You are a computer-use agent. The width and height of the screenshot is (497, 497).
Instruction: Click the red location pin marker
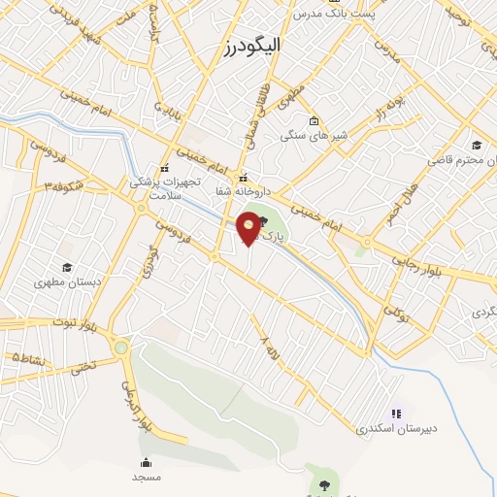pyautogui.click(x=249, y=229)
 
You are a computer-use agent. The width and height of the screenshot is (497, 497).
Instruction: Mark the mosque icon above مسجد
pyautogui.click(x=146, y=463)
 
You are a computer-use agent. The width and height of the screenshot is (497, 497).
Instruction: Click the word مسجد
pyautogui.click(x=146, y=478)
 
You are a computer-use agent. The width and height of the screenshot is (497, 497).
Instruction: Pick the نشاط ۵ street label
pyautogui.click(x=29, y=358)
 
